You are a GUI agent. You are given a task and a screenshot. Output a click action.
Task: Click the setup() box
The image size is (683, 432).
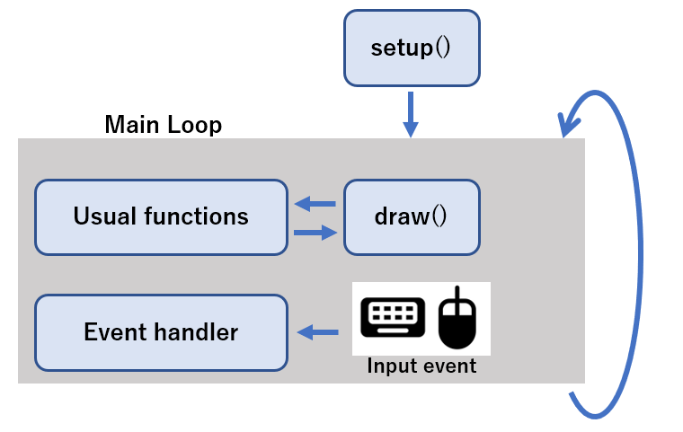tap(412, 48)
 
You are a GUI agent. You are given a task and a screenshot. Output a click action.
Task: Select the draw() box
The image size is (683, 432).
tap(412, 216)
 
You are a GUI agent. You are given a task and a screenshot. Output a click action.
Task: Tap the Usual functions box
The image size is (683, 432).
tap(161, 216)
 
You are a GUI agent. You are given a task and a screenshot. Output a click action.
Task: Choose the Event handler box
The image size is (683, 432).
tap(161, 332)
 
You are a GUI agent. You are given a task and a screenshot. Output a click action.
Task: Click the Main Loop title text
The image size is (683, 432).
tap(164, 125)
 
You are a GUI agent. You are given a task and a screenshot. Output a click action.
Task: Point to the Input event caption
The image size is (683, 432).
tap(421, 366)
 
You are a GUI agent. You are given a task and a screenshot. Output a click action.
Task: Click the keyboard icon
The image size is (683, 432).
tap(393, 317)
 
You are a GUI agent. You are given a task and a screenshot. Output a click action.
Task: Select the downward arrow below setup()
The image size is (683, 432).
tap(411, 114)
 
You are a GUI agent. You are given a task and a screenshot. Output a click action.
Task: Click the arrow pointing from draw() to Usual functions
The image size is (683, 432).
tap(315, 203)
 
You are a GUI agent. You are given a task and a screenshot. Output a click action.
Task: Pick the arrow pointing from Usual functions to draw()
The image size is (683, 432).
tap(315, 233)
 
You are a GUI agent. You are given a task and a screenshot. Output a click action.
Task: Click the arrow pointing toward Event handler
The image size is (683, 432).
tap(317, 332)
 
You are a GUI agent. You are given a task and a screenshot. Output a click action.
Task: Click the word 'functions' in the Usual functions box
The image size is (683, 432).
tap(196, 216)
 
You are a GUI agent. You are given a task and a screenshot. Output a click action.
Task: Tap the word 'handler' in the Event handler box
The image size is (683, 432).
tap(197, 331)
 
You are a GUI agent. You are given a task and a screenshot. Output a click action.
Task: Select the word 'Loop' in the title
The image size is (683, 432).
tap(194, 125)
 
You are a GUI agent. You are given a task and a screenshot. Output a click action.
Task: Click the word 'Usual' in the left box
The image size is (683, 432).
tap(104, 216)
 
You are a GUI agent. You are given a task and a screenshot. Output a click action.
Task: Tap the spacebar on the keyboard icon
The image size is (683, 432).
tap(393, 331)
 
